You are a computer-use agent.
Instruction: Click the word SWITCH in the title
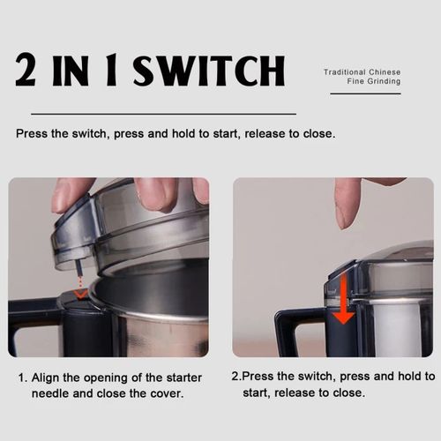click(x=209, y=71)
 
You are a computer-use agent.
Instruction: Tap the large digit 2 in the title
click(x=26, y=70)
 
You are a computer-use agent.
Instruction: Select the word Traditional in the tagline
click(x=345, y=72)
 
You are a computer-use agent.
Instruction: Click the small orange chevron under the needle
click(x=80, y=293)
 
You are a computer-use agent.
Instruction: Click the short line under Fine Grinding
click(x=365, y=93)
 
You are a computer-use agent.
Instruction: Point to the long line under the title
click(x=163, y=114)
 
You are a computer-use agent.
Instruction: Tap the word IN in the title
click(x=71, y=71)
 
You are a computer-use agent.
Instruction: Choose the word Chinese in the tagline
click(x=385, y=72)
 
